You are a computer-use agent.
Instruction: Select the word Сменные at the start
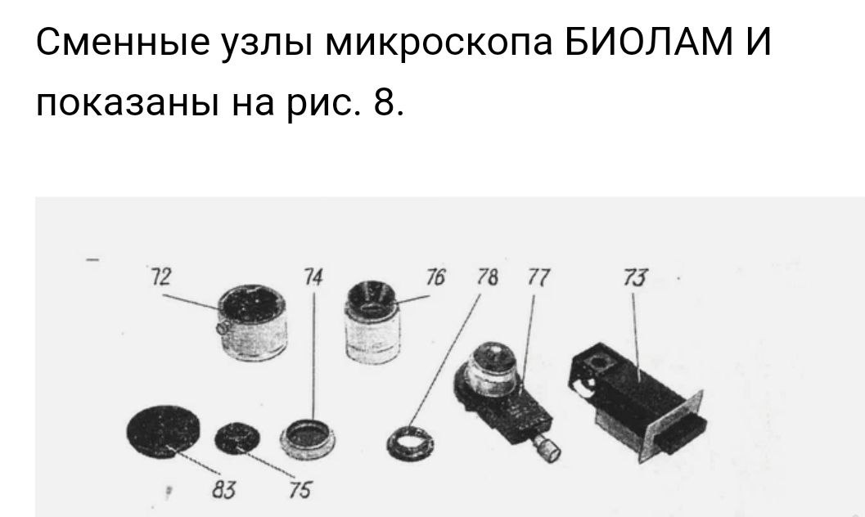(x=123, y=42)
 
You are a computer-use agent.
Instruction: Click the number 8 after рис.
(x=384, y=101)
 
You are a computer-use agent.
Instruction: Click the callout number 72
(x=161, y=276)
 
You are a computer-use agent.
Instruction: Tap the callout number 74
(x=313, y=276)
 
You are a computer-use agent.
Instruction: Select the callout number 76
(x=435, y=276)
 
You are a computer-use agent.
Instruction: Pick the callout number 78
(x=487, y=276)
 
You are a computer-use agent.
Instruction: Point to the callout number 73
(x=636, y=276)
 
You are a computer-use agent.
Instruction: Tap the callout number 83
(x=223, y=489)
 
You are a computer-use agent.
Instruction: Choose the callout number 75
(x=300, y=489)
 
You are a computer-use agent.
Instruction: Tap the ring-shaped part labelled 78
(x=410, y=441)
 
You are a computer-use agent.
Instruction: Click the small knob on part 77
(x=548, y=447)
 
